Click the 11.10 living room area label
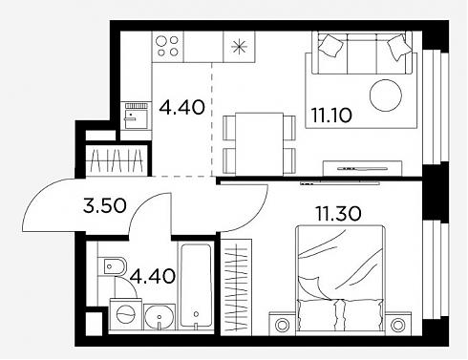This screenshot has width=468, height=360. pos(331,116)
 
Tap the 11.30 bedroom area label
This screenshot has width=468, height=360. pos(338,213)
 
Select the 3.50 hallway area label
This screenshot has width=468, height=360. pos(105,205)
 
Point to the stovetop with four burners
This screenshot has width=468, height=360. pos(168,47)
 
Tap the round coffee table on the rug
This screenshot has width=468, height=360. pos(386,95)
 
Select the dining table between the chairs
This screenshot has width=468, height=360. pos(259,144)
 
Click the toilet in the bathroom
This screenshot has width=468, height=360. pos(112,265)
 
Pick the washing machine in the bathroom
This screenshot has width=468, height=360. pos(126,314)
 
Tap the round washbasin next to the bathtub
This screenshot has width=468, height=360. pos(160,317)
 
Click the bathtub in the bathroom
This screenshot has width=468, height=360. pos(196,286)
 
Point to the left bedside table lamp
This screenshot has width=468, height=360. pos(282,325)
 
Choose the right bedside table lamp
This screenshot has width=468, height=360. pos(397,325)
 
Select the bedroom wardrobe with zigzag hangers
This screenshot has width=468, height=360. pos(236,287)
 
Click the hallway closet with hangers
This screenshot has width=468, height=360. pos(117,160)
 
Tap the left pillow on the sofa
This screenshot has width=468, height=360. pos(330,45)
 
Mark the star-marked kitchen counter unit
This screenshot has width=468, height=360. pos(239,47)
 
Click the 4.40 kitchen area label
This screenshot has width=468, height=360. pos(181,107)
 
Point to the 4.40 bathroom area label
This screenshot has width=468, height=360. pos(153,276)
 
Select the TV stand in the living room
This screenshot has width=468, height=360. pos(362,168)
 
